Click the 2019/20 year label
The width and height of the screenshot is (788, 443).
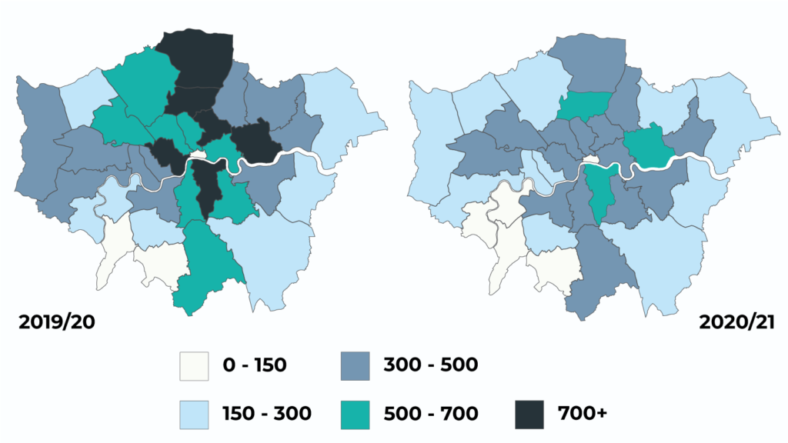[58, 321]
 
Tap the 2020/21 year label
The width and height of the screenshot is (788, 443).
[734, 321]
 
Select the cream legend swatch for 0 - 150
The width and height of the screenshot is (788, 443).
[195, 365]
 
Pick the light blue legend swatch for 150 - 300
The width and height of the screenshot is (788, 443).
[195, 414]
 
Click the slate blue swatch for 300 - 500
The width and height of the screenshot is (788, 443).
[356, 365]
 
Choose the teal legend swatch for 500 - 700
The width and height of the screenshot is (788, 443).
[356, 414]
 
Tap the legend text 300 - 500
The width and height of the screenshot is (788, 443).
[430, 365]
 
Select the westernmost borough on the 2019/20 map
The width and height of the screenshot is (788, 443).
[35, 146]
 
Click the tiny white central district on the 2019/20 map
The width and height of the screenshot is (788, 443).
[199, 156]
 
